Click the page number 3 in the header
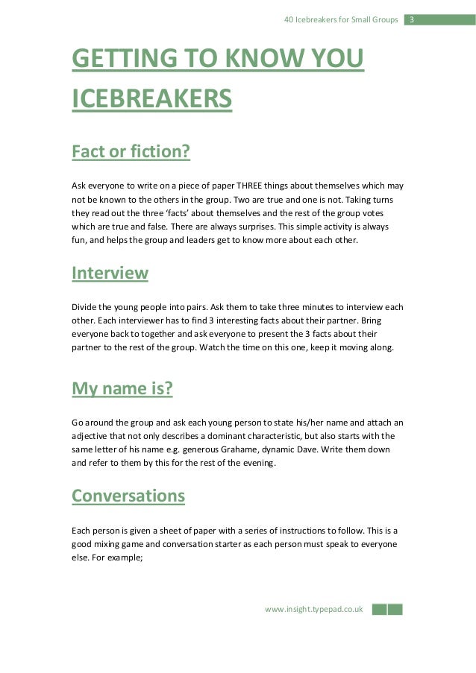coord(410,19)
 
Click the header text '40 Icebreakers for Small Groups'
coord(340,19)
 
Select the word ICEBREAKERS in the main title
coord(151,98)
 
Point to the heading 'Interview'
coord(110,273)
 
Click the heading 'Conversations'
coord(128,496)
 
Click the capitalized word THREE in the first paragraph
coord(252,186)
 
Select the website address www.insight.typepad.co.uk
coord(313,609)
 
